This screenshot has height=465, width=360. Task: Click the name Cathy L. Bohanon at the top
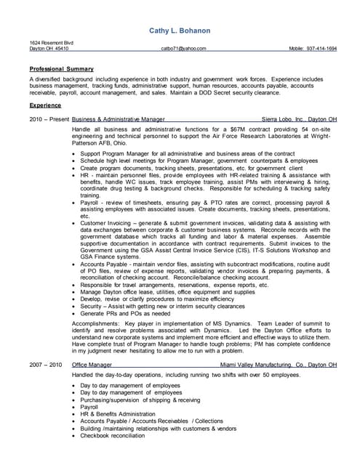pos(180,31)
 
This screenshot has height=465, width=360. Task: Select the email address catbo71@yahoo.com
pos(184,49)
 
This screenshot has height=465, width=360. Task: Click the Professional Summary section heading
pos(57,68)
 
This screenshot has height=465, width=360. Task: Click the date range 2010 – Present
pos(48,118)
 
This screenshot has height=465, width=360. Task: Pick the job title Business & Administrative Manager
pos(119,118)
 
